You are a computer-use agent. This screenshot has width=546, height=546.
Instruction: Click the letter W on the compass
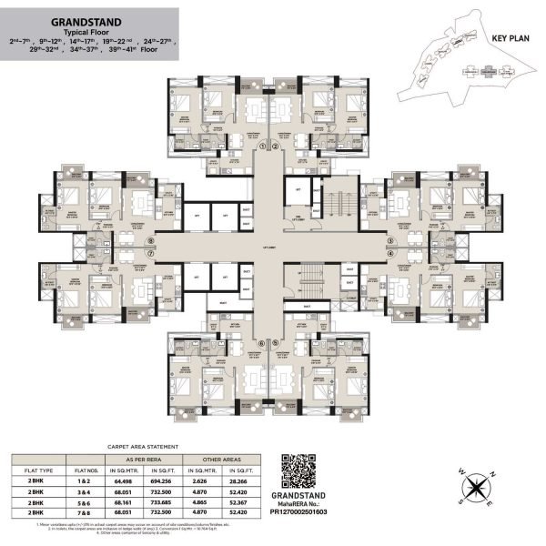pos(460,479)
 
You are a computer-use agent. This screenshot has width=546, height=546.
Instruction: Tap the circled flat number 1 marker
pos(261,146)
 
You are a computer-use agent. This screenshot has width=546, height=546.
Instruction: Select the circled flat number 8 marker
pos(151,241)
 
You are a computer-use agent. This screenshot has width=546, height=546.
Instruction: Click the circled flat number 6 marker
pos(261,343)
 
